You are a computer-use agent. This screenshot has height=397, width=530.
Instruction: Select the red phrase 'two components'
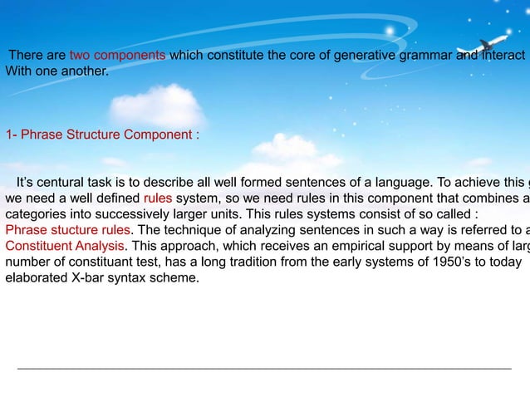(117, 56)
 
